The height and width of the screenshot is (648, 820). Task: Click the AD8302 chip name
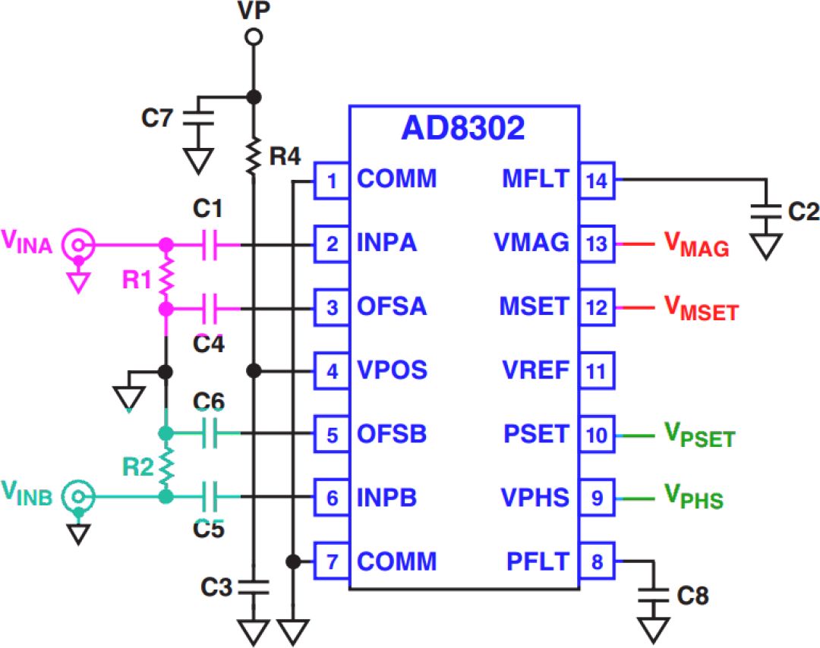(462, 129)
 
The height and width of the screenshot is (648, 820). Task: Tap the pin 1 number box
(331, 181)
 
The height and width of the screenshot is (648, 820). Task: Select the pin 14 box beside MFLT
(597, 180)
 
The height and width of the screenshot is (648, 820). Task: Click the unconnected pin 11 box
(597, 371)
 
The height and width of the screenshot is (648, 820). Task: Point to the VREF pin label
(535, 371)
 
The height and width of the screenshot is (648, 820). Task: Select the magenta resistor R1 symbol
(165, 278)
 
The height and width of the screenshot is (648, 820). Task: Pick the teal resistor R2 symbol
(165, 465)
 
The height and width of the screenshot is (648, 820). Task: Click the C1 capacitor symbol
(212, 245)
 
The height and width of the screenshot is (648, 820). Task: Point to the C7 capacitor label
(158, 118)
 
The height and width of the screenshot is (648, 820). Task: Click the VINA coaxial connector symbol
(77, 245)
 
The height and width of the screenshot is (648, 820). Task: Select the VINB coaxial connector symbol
(77, 497)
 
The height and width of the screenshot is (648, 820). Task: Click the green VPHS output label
(693, 499)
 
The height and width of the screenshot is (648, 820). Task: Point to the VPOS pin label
(392, 371)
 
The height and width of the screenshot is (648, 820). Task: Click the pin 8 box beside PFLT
(597, 561)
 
